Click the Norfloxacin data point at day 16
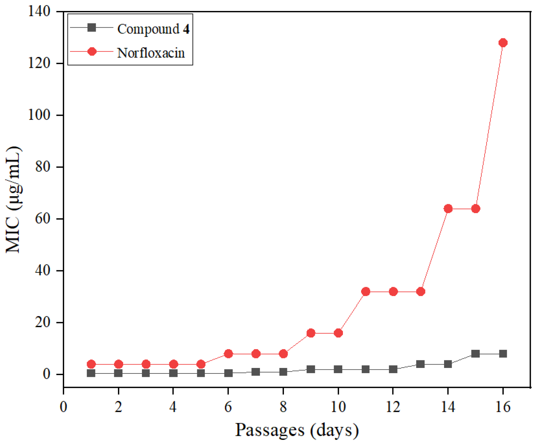503,43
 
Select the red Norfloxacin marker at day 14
448,209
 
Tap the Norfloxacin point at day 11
366,292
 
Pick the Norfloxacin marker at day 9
311,333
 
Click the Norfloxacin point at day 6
228,354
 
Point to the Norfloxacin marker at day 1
91,364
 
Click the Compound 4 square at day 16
503,354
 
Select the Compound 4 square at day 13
420,364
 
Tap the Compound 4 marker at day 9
311,369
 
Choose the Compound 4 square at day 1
91,373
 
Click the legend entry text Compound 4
153,29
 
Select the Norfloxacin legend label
151,53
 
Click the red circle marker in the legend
92,51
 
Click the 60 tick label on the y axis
43,219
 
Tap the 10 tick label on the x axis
338,407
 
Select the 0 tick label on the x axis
63,407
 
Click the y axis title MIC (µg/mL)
14,199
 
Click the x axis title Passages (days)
297,430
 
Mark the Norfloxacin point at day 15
475,209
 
